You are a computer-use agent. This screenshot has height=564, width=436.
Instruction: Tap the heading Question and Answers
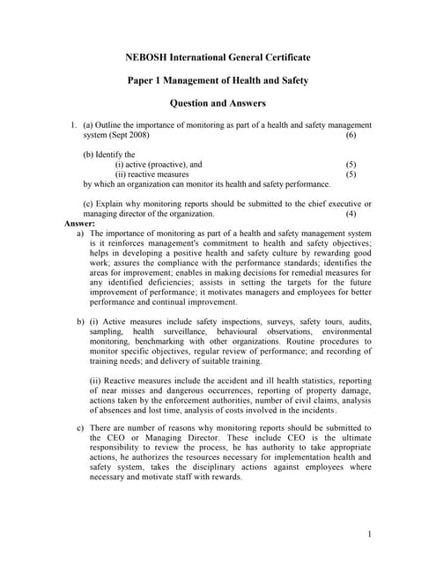tap(218, 103)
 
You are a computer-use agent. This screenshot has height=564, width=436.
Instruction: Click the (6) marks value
tap(351, 136)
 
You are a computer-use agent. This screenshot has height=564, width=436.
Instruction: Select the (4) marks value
tap(351, 214)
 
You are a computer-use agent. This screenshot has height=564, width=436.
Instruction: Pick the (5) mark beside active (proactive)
tap(351, 164)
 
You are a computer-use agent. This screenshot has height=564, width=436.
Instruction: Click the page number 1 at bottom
tap(370, 533)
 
